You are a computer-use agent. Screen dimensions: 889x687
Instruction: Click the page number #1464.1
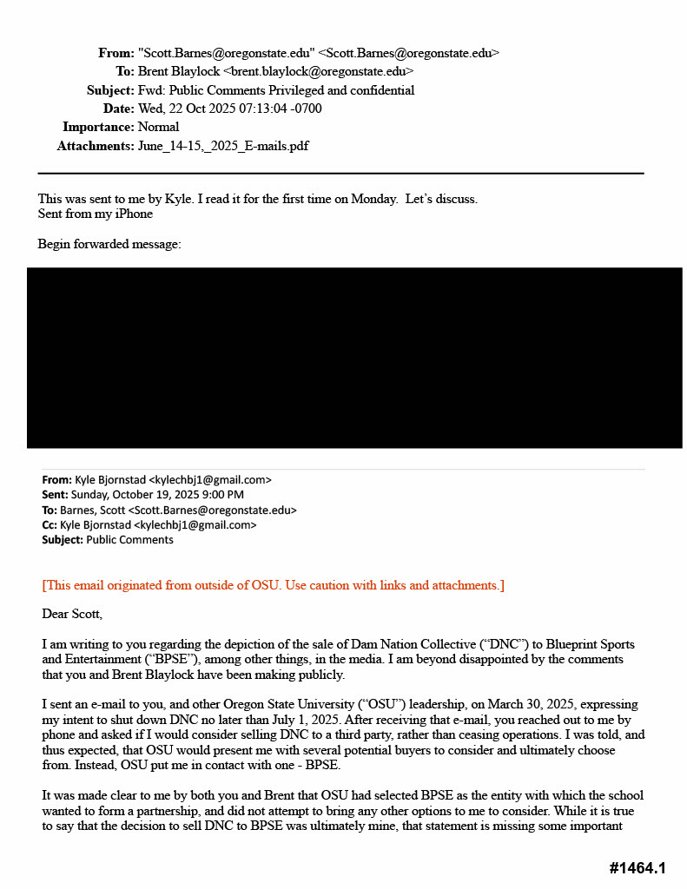coord(637,868)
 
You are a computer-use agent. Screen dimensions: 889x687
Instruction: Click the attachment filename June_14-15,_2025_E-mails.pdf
coord(222,146)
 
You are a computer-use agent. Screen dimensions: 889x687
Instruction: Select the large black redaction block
coord(354,358)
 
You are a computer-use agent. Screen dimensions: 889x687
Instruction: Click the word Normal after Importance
coord(158,127)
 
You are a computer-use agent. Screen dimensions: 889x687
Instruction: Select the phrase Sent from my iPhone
coord(95,214)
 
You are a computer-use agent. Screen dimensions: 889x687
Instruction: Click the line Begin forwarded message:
coord(109,244)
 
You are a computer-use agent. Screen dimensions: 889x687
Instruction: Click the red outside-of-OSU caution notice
coord(273,585)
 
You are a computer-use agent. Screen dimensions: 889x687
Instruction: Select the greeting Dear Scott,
coord(72,614)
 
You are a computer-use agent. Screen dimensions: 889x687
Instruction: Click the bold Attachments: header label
coord(96,146)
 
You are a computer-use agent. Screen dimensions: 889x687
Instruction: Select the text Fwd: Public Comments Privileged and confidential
coord(276,90)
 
